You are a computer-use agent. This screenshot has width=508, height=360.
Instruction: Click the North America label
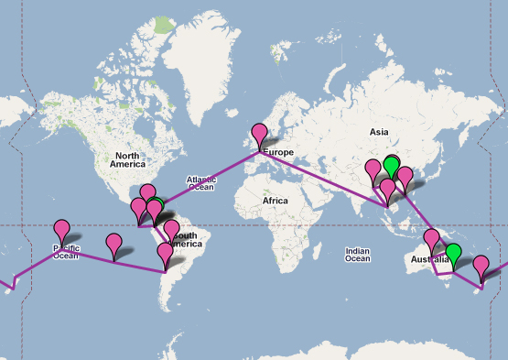tap(128, 158)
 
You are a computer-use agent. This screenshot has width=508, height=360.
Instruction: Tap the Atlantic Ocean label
tap(201, 183)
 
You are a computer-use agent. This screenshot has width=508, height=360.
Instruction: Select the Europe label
tap(279, 151)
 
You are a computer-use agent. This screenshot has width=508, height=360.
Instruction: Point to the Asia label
tap(379, 133)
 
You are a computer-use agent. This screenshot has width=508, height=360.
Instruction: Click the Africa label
tap(274, 200)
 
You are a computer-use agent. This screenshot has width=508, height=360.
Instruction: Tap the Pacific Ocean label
tap(65, 250)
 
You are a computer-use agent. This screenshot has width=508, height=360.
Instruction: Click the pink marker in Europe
tap(260, 134)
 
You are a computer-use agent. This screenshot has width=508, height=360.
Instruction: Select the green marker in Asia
tap(392, 167)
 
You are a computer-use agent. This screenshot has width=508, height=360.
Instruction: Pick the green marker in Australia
tap(453, 255)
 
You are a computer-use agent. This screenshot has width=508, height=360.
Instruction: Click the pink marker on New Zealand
tap(481, 267)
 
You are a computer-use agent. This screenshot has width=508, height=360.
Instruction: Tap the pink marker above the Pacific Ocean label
tap(62, 230)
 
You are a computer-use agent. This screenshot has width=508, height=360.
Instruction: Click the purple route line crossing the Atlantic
tap(211, 180)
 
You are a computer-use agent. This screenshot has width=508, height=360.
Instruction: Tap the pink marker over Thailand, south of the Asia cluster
tap(388, 190)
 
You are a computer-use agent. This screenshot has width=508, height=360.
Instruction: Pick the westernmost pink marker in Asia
tap(373, 169)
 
